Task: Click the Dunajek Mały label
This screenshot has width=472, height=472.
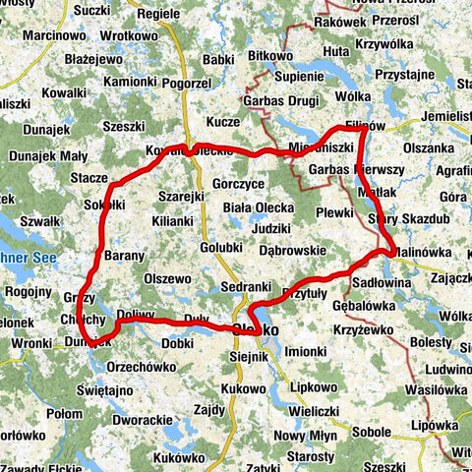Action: tap(47, 155)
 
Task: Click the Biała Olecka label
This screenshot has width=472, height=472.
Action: tap(259, 207)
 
